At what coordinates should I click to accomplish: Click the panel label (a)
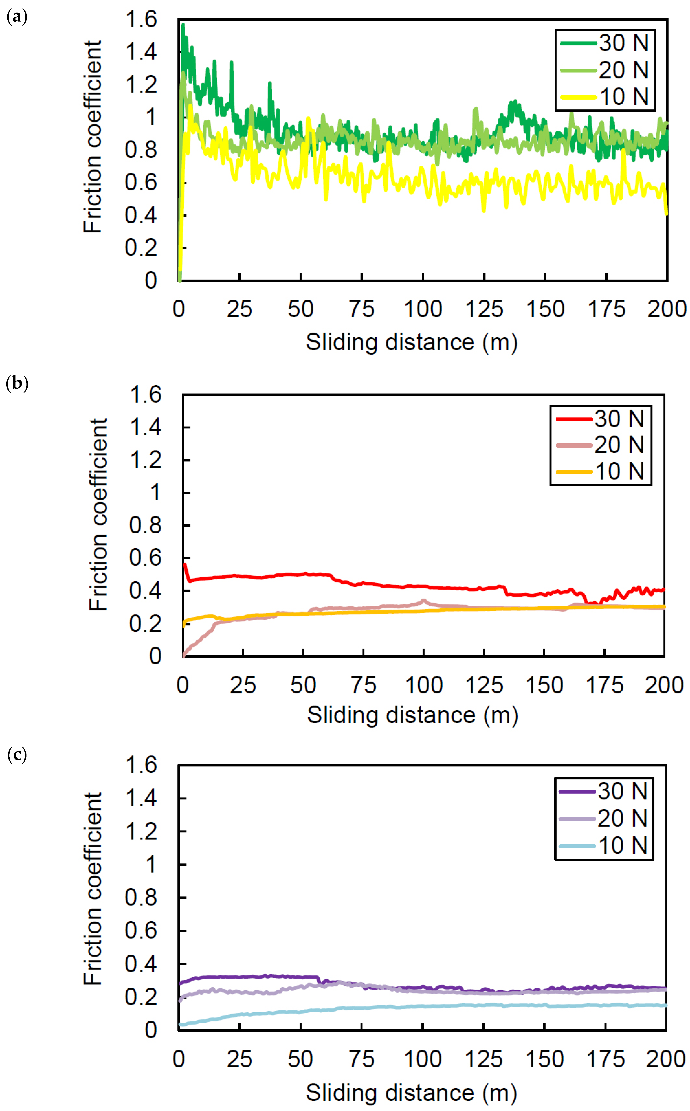click(x=17, y=17)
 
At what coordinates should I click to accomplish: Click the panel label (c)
click(x=17, y=755)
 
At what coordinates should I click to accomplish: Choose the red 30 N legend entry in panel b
click(x=600, y=419)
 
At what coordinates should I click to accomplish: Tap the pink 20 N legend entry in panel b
click(x=600, y=445)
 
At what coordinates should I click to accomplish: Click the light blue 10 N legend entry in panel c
click(x=603, y=846)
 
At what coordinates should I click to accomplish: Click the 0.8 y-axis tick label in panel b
click(x=145, y=525)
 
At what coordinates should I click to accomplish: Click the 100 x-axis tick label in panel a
click(x=423, y=309)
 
